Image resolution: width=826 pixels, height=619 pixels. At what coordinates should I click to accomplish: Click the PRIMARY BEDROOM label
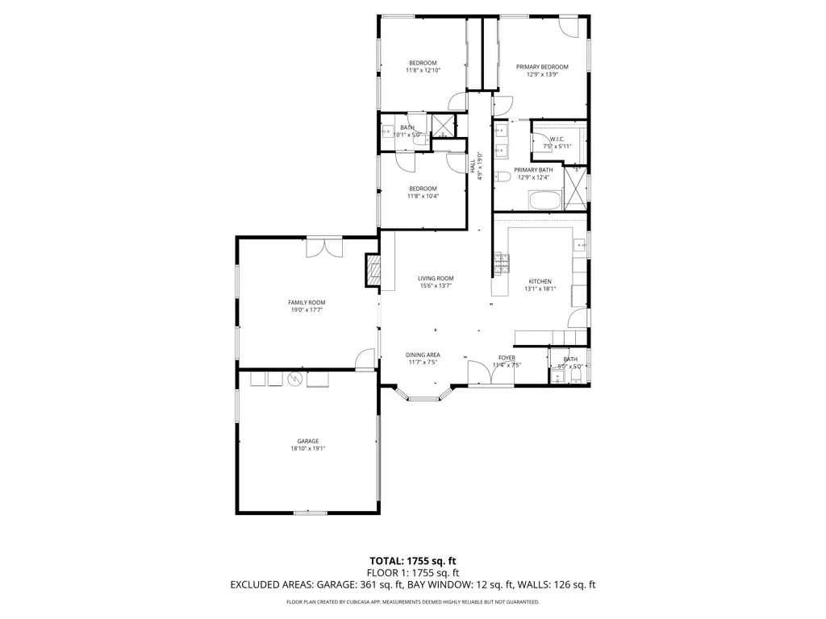(x=542, y=67)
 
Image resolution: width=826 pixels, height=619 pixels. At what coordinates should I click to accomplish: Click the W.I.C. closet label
(x=557, y=139)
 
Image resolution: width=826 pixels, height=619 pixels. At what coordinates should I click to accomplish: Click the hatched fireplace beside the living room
(x=372, y=271)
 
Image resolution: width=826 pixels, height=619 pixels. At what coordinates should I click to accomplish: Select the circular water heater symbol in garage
(x=294, y=379)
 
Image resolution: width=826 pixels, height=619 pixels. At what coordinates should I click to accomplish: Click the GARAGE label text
(x=307, y=441)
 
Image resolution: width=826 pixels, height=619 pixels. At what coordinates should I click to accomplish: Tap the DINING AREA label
(x=423, y=355)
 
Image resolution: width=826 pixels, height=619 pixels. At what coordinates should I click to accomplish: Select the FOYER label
(x=507, y=358)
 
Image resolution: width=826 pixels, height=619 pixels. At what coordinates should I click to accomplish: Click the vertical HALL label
(x=473, y=165)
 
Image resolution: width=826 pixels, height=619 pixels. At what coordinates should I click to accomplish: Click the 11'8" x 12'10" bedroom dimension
(x=423, y=71)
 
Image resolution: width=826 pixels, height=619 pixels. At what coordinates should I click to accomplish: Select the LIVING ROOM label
(x=436, y=278)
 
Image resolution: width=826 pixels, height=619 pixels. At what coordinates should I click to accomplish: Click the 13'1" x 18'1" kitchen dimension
(x=540, y=289)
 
